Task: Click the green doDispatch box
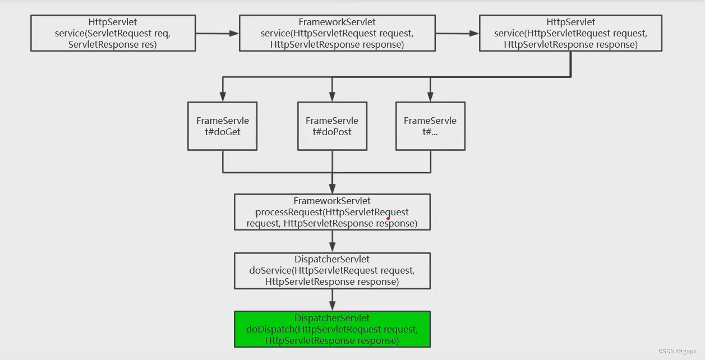[332, 329]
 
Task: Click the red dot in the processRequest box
[388, 218]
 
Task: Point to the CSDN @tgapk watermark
[677, 351]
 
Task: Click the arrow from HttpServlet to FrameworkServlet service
[217, 33]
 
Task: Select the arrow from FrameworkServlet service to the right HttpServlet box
[457, 33]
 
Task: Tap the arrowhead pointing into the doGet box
[223, 96]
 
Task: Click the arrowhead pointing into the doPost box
[332, 96]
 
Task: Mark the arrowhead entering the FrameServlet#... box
[430, 96]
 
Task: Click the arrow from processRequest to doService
[332, 241]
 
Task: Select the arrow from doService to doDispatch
[332, 300]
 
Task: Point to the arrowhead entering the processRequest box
[332, 189]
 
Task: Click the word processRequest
[289, 212]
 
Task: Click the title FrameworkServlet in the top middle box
[337, 22]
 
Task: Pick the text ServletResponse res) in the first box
[112, 44]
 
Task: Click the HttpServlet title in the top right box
[570, 22]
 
